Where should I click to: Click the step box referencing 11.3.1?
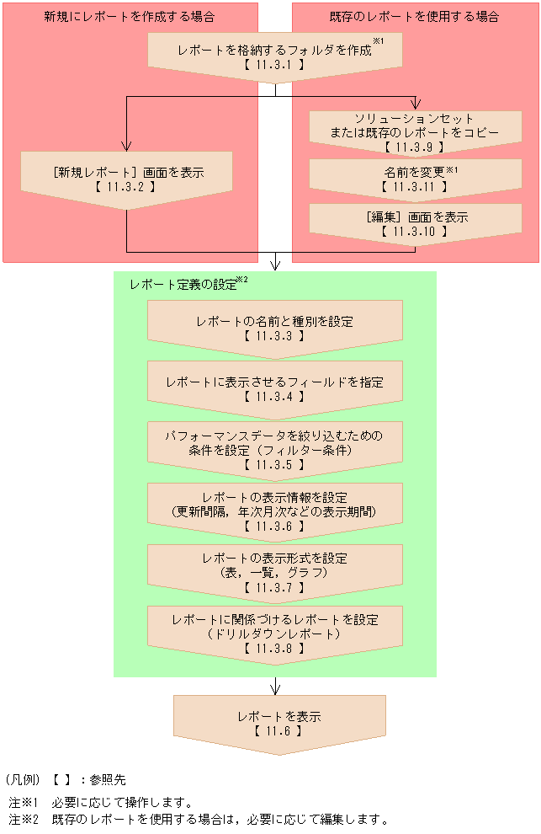point(274,56)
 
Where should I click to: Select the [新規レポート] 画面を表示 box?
point(127,178)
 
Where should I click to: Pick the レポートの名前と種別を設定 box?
point(274,328)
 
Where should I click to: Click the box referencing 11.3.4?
point(274,388)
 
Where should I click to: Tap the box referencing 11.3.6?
point(274,511)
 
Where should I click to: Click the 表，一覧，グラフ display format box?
point(274,571)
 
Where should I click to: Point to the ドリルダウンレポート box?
point(274,632)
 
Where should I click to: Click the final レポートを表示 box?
point(278,723)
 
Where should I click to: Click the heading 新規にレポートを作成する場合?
point(129,17)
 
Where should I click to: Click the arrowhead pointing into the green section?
point(274,265)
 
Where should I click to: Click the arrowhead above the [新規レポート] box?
point(126,145)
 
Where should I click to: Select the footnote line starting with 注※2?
point(199,819)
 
